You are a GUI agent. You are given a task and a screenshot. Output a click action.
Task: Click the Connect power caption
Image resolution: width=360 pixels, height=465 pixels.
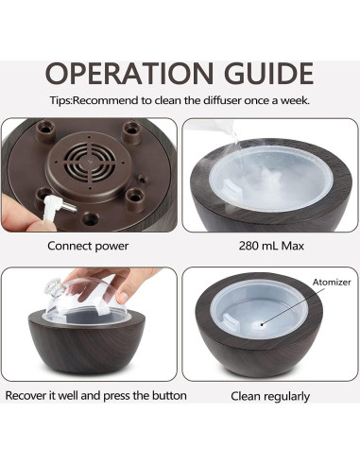click(88, 245)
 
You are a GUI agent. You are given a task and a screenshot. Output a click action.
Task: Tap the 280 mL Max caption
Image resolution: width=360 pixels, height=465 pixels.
click(266, 245)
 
